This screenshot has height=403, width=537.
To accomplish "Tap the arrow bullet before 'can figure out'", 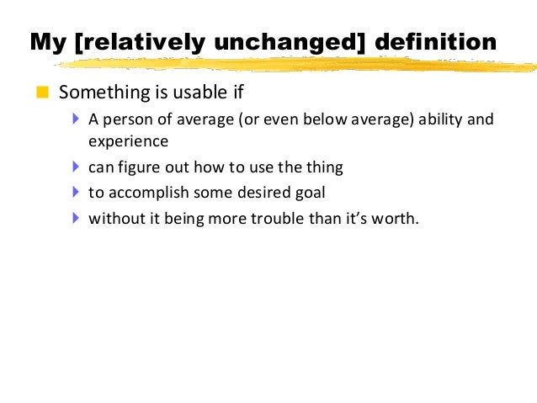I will tap(77, 167).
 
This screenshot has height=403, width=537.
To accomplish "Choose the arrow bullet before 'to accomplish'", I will tap(77, 192).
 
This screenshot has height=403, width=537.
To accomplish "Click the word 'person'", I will tap(125, 119).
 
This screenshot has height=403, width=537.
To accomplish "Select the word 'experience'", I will tap(128, 141).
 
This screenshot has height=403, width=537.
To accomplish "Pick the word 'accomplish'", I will tap(145, 193).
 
